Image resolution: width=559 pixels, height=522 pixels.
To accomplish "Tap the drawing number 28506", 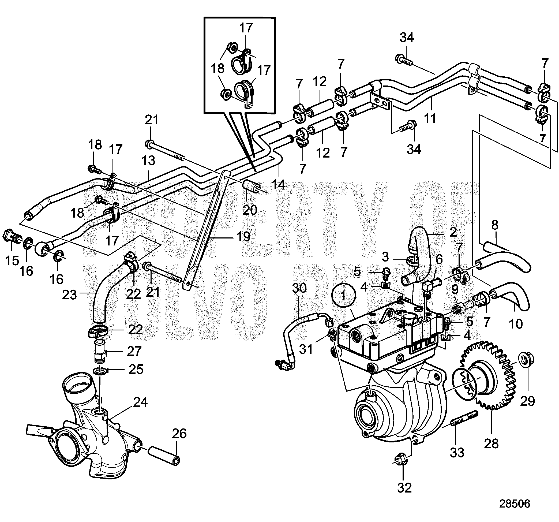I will click(x=514, y=504).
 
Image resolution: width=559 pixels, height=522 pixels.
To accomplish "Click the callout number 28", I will click(x=491, y=443).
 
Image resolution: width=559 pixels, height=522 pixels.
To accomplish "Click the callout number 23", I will click(x=69, y=295).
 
